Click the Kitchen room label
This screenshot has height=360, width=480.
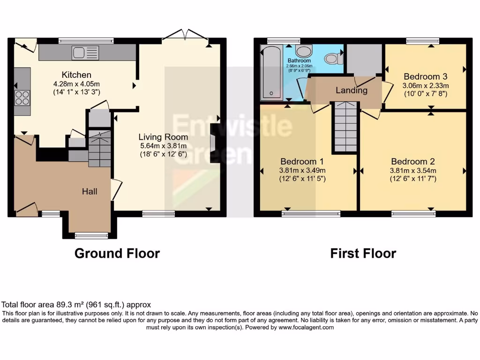[x=76, y=75]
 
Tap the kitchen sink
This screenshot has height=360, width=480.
[x=85, y=53]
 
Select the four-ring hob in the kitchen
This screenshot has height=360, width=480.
[x=22, y=97]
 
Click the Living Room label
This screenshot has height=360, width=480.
[x=163, y=137]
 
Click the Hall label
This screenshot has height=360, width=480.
[x=90, y=191]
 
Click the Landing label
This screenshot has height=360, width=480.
[x=352, y=90]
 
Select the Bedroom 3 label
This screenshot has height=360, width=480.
[x=426, y=76]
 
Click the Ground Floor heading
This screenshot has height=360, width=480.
[x=117, y=254]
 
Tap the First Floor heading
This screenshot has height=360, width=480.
[x=363, y=254]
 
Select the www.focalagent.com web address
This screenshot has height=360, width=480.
[x=306, y=328]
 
